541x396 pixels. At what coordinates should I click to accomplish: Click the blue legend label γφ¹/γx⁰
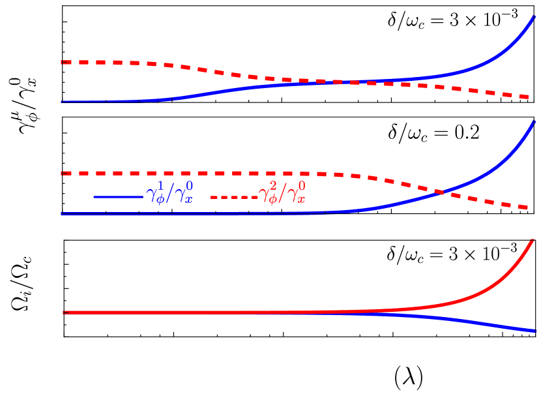click(169, 194)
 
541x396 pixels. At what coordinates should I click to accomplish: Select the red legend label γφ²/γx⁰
click(282, 194)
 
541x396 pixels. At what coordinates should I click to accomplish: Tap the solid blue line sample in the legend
click(118, 196)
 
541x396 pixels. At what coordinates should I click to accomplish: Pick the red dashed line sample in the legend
click(233, 196)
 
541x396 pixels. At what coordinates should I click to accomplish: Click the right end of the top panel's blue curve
click(534, 16)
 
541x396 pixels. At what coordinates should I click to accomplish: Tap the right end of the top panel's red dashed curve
click(529, 97)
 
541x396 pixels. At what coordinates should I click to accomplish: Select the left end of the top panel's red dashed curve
click(62, 62)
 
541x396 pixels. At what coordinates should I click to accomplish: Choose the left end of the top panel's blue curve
click(62, 101)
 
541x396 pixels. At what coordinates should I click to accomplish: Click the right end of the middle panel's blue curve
click(534, 121)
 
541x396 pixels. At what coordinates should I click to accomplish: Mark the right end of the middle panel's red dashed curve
click(529, 207)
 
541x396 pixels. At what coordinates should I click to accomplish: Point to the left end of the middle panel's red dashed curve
click(62, 174)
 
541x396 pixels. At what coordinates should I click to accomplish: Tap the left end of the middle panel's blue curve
click(62, 214)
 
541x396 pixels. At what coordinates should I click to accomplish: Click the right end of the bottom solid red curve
click(534, 241)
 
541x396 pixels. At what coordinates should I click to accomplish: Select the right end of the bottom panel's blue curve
click(534, 331)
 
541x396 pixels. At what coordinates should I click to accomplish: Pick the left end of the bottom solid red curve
click(63, 312)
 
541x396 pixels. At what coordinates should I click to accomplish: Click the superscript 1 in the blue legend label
click(160, 186)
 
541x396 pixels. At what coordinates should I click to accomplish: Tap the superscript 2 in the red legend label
click(272, 186)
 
